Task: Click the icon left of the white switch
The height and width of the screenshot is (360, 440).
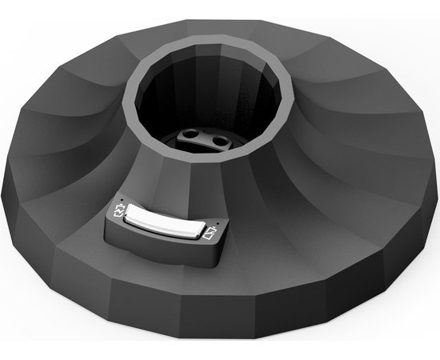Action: coord(121,211)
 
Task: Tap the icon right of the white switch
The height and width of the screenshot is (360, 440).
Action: coord(210,234)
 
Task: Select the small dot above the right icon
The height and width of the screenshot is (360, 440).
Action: coord(218,223)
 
